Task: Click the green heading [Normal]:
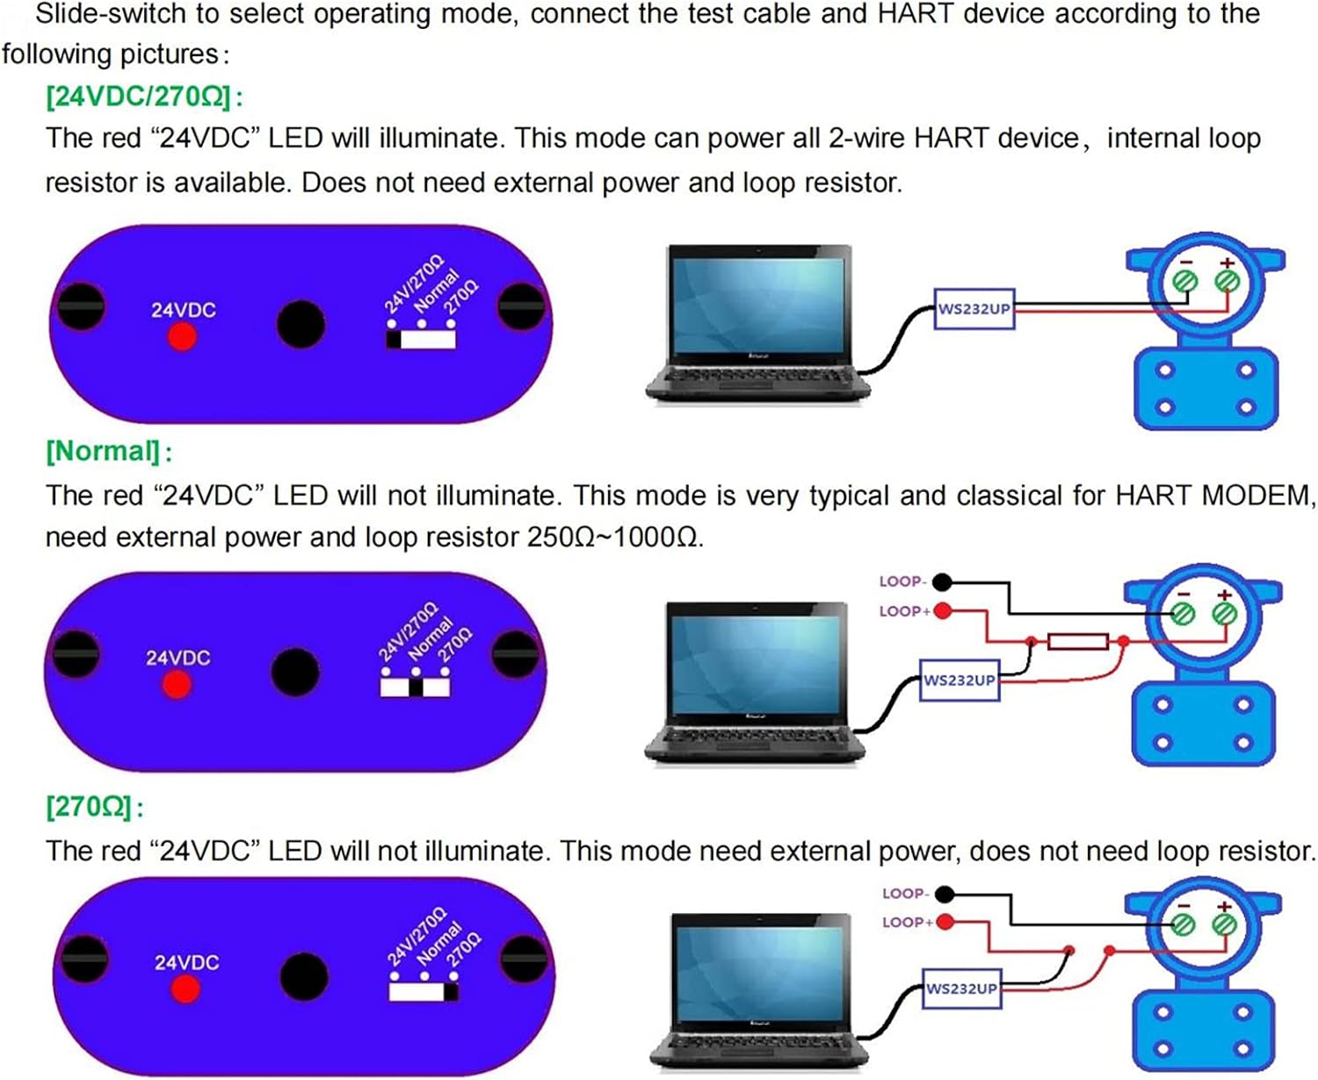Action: coord(108,451)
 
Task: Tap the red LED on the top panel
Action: coord(182,336)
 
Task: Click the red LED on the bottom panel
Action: coord(185,989)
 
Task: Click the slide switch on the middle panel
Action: coord(415,687)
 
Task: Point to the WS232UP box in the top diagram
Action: coord(974,309)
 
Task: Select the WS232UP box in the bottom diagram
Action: coord(961,989)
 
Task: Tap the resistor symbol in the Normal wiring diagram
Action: coord(1077,642)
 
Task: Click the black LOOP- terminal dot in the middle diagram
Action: coord(942,581)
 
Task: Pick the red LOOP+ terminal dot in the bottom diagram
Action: coord(945,922)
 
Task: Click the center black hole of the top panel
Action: coord(301,324)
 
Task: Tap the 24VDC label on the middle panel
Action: coord(177,658)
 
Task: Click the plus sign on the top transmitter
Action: coord(1227,263)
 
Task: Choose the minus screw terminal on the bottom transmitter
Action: coord(1183,925)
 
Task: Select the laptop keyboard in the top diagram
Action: coord(754,377)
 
